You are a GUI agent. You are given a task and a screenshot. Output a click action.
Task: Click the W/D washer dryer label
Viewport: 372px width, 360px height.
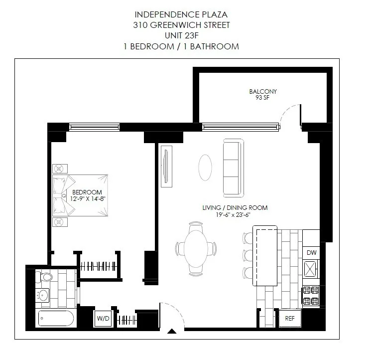click(x=103, y=318)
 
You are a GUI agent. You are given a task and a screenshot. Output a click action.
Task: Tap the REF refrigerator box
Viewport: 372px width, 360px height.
click(x=289, y=318)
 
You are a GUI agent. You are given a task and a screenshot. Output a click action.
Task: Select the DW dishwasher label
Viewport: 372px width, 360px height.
click(x=312, y=253)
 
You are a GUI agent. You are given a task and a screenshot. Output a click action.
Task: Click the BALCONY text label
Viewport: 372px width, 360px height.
click(x=263, y=92)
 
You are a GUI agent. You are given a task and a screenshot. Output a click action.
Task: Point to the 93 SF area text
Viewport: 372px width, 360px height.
click(x=263, y=98)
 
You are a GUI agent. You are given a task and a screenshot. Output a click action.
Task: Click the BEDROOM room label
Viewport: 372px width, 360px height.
click(x=87, y=192)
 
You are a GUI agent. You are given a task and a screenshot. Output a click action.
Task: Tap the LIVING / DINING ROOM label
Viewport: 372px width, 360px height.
click(x=235, y=207)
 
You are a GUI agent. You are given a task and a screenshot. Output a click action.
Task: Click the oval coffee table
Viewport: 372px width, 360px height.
click(x=205, y=168)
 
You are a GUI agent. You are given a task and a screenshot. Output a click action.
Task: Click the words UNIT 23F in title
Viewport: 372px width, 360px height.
click(x=181, y=35)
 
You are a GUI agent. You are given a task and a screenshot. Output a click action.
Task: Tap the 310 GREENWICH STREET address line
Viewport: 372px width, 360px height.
click(x=181, y=25)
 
